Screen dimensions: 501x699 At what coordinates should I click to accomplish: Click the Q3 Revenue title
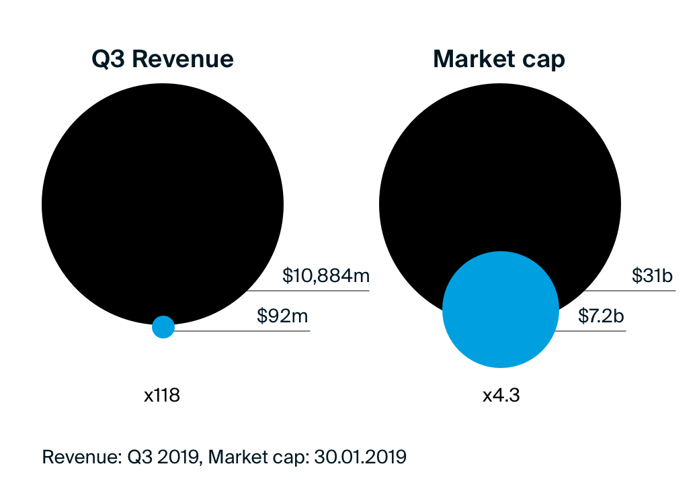[x=163, y=59]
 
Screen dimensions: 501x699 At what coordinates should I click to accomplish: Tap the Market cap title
[x=499, y=59]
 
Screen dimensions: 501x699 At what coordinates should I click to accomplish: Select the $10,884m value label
[x=327, y=275]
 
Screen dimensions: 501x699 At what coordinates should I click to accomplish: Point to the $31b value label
[x=653, y=275]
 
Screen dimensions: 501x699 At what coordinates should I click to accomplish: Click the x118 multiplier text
[x=162, y=396]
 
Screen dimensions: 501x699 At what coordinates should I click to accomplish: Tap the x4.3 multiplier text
[x=501, y=396]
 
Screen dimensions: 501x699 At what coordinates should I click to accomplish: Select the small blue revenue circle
[x=163, y=327]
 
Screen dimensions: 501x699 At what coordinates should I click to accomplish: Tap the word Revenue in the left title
[x=183, y=59]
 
